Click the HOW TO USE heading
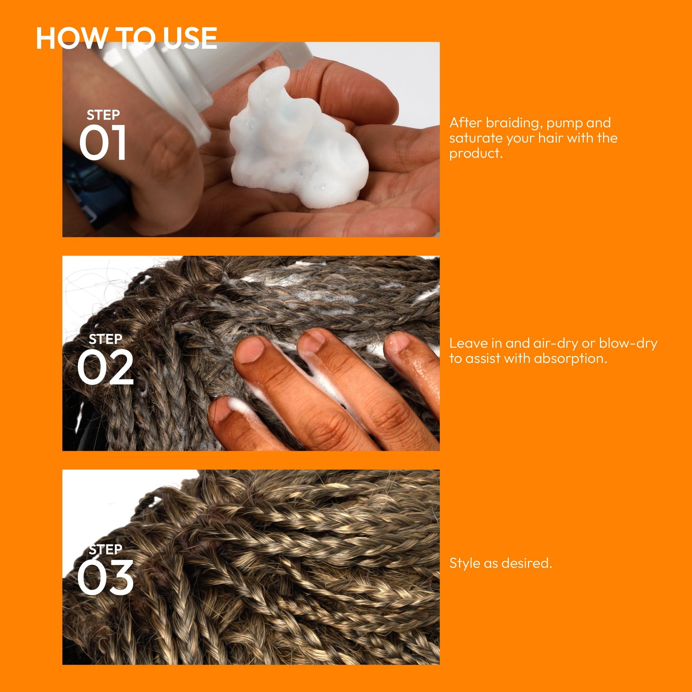(x=127, y=38)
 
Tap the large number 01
(x=103, y=143)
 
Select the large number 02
(x=105, y=367)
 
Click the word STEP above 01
(x=103, y=115)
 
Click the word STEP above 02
(x=105, y=339)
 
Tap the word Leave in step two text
(x=469, y=343)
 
